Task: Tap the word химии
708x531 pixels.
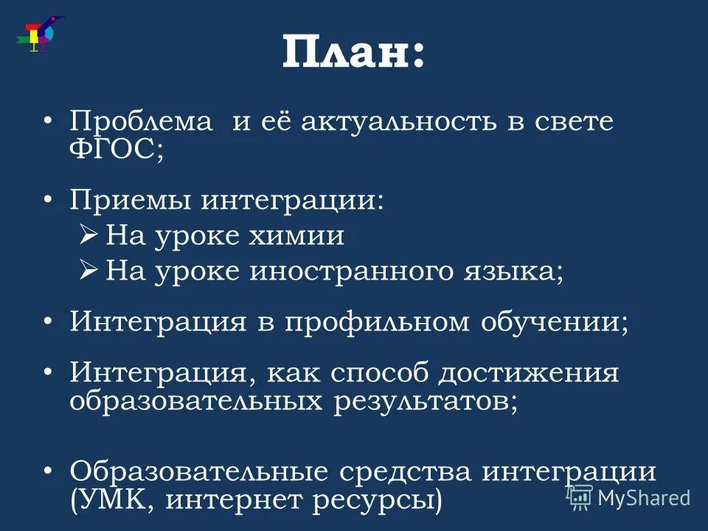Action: coord(304,236)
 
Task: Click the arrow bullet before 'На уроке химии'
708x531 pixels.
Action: coord(88,235)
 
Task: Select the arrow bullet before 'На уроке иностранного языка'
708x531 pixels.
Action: coord(88,271)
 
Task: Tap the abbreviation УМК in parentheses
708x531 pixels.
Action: coord(118,500)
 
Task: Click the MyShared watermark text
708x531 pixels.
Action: coord(643,498)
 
